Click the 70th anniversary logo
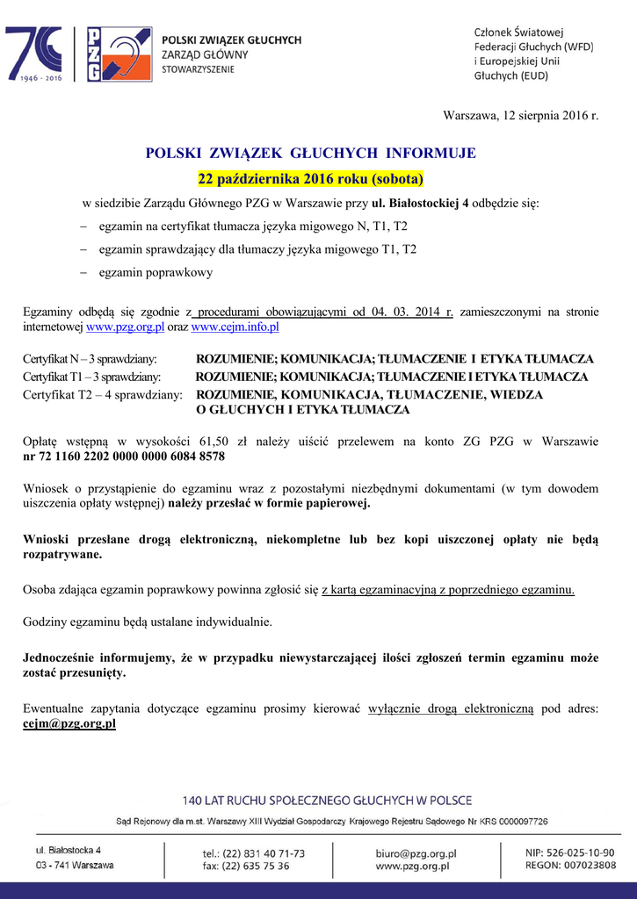[x=34, y=54]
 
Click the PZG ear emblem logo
[x=118, y=54]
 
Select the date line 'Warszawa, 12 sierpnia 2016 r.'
[x=520, y=116]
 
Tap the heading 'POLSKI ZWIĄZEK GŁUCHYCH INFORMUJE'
[x=310, y=154]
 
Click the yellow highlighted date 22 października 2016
[x=310, y=180]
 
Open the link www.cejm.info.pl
[x=235, y=327]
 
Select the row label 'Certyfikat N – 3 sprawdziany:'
[x=90, y=359]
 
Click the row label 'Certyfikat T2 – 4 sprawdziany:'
[x=103, y=395]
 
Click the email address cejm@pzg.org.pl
[x=69, y=724]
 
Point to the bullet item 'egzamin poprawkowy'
[x=156, y=273]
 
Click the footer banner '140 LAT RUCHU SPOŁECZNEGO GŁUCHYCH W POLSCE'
[x=327, y=801]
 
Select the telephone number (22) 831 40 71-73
[x=264, y=852]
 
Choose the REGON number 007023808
[x=583, y=866]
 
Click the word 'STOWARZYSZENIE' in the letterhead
[x=199, y=68]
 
